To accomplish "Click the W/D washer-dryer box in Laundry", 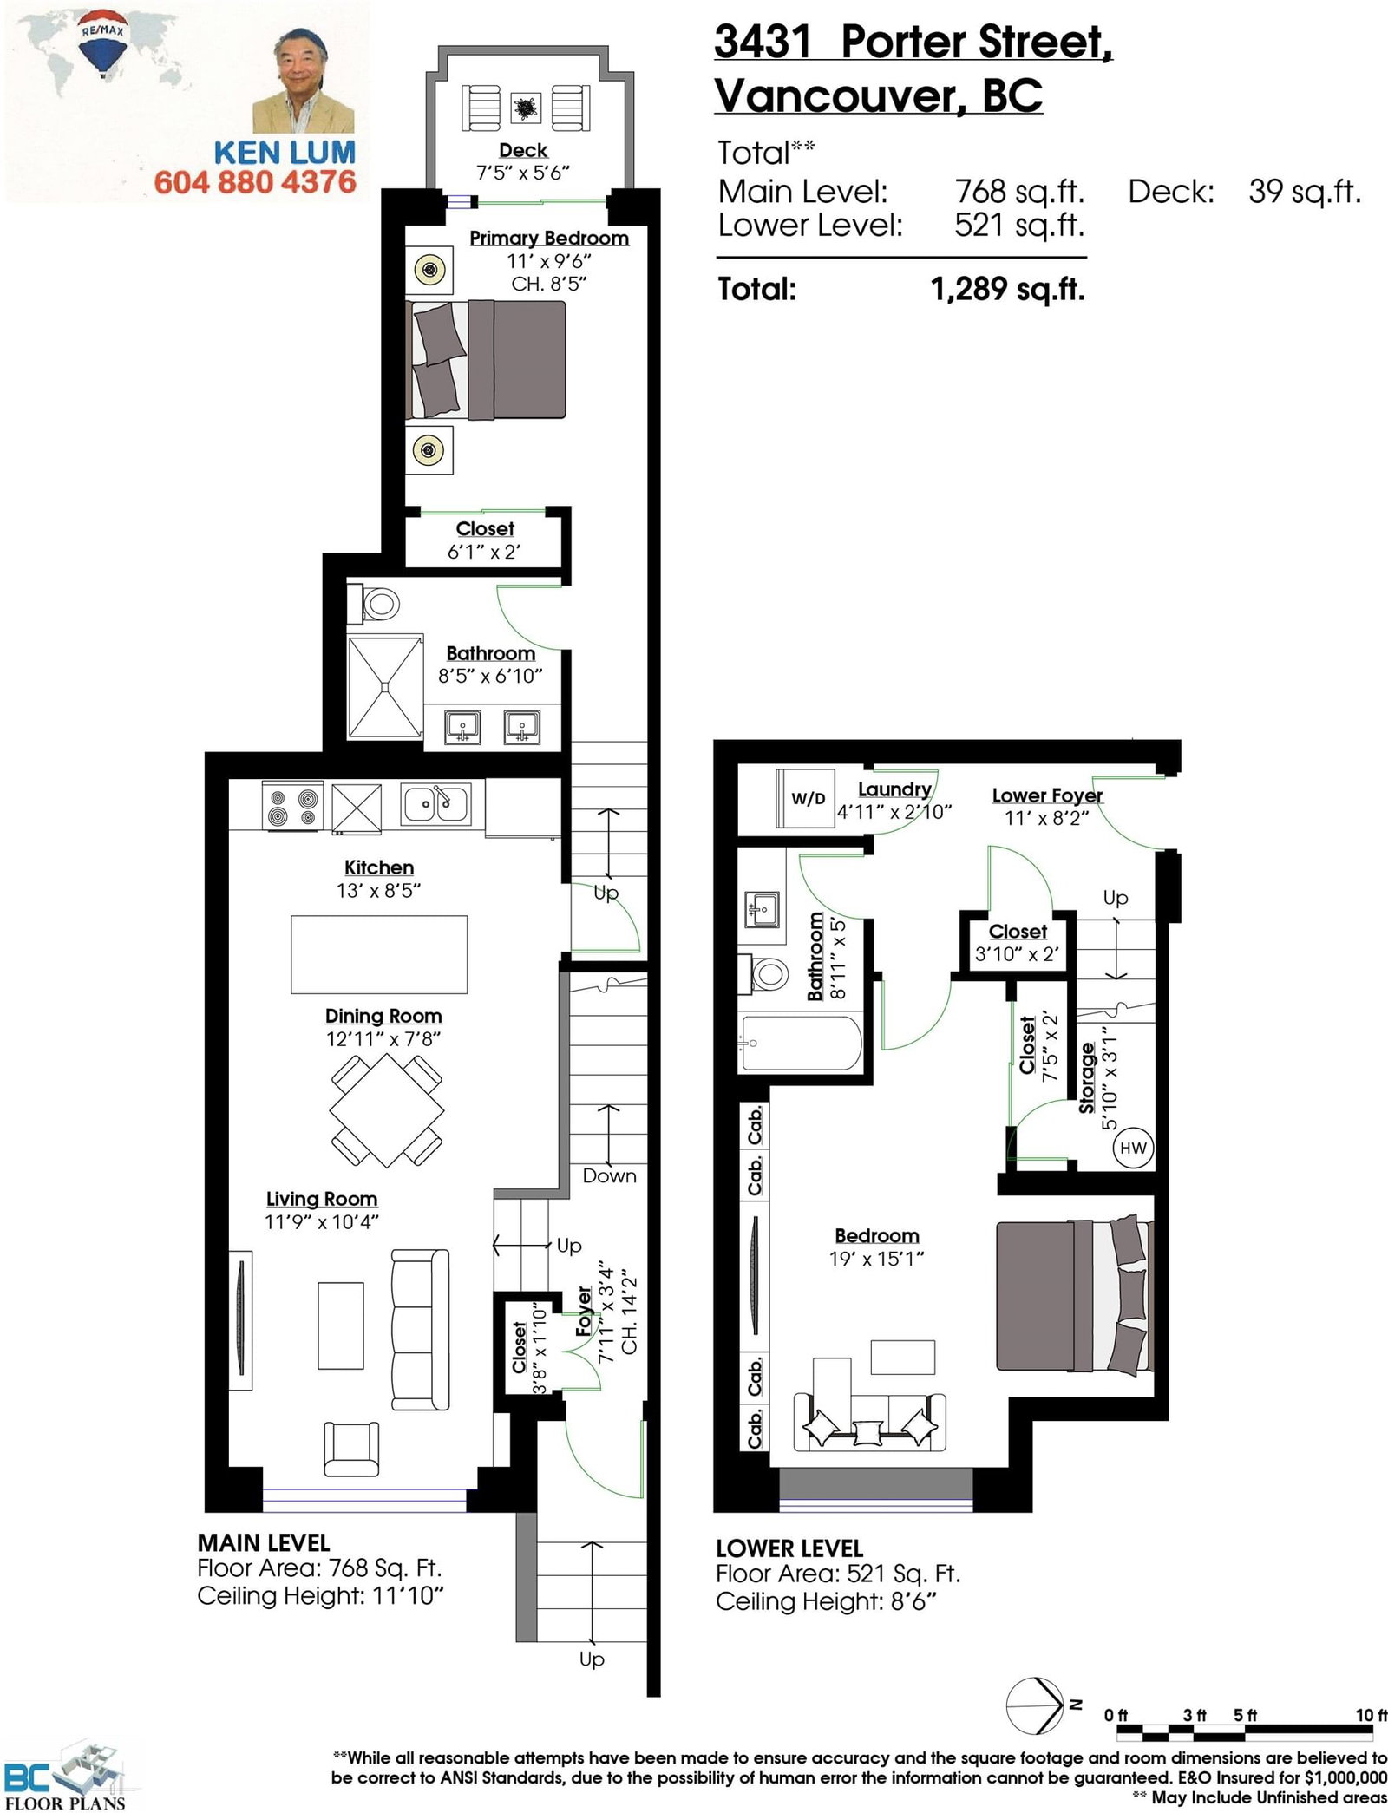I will point(806,798).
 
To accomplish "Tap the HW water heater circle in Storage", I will point(1133,1148).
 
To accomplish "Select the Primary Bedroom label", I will point(548,238).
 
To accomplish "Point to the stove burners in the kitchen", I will point(291,807).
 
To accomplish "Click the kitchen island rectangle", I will point(378,954).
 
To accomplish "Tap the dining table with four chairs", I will point(387,1109).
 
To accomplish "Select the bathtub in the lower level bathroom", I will point(800,1044).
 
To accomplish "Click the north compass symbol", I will point(1036,1705).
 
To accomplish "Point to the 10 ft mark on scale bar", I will point(1371,1715).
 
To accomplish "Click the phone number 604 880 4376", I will point(255,182).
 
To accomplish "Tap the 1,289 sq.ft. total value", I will point(1007,289).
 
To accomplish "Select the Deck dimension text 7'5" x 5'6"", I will point(523,173).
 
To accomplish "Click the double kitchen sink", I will point(435,804).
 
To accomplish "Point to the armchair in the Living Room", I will point(351,1449).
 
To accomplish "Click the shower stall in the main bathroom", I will point(384,687).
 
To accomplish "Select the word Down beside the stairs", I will point(609,1175).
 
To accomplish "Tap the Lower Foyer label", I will point(1046,795).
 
